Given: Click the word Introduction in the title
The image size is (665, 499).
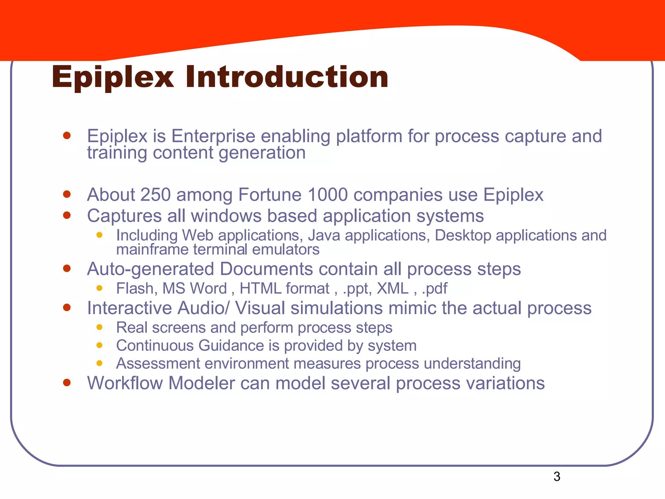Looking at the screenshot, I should tap(287, 77).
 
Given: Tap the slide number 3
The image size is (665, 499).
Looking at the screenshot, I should tap(557, 477).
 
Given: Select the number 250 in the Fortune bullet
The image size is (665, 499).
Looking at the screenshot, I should tap(156, 195).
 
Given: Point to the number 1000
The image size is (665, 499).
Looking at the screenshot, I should tap(327, 195).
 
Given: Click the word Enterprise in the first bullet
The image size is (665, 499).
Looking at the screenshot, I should tap(213, 136).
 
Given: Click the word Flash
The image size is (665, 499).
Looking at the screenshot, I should tap(135, 288).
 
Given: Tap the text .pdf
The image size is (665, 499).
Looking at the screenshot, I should tap(434, 288).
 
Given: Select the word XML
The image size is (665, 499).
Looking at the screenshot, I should tap(392, 288).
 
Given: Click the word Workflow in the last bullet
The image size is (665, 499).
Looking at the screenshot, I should tap(125, 383).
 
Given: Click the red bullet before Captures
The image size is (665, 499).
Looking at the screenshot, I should tap(67, 215).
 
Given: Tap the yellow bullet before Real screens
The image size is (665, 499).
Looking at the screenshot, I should tap(99, 327).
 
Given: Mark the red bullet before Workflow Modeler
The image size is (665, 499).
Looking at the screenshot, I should tap(67, 382).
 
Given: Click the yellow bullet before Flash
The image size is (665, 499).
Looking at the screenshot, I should tap(99, 288).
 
